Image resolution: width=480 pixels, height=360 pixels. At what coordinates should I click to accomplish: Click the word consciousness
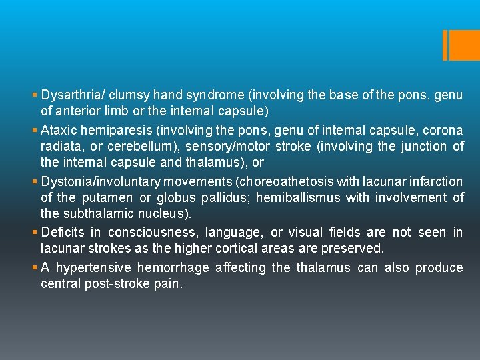coord(155,232)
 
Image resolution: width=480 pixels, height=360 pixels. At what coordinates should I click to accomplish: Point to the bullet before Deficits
coord(35,233)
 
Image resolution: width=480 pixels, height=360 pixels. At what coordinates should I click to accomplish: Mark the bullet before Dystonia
coord(35,182)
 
